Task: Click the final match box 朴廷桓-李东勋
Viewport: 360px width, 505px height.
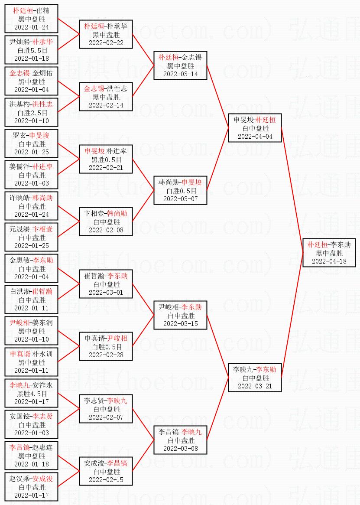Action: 329,252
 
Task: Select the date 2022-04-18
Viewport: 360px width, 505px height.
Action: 329,261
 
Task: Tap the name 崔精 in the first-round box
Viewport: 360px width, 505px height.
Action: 42,11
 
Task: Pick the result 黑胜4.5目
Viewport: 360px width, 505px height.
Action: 32,394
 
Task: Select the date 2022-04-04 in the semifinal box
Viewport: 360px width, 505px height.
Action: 255,137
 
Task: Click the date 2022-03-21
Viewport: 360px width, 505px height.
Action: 255,386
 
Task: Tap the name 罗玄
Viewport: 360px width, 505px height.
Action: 20,135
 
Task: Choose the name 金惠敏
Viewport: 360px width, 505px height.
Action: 20,260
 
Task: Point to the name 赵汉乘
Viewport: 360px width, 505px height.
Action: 20,479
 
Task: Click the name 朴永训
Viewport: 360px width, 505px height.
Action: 42,354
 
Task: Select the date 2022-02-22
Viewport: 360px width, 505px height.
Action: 106,43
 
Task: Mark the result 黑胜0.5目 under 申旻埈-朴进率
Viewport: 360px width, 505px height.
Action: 107,160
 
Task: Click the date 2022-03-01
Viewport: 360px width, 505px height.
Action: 106,293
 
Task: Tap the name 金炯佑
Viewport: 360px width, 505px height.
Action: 42,73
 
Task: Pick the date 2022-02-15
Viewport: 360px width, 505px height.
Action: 106,480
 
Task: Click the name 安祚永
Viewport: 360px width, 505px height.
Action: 42,385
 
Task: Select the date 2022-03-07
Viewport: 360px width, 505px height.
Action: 180,199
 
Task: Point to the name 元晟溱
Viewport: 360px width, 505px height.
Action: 20,229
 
